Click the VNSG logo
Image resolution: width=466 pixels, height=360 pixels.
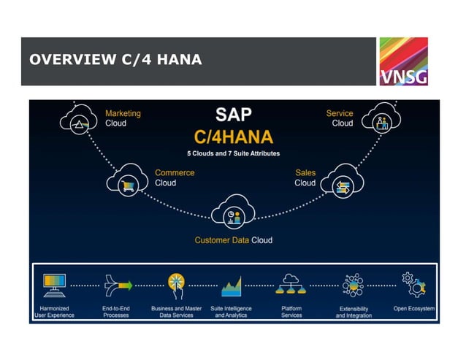pos(402,61)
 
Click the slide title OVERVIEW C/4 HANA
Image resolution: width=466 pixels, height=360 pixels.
pos(115,60)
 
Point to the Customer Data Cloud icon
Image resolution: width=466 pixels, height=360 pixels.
pos(233,215)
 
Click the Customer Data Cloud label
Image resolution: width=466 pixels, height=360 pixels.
pos(233,240)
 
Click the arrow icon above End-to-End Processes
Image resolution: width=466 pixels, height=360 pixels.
pos(116,284)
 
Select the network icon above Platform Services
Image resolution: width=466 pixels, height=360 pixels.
pos(291,284)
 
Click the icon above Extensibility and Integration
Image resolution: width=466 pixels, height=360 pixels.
pos(353,285)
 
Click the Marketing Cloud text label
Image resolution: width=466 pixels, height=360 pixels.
pos(123,118)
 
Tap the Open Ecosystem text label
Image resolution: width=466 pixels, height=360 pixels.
pos(414,309)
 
